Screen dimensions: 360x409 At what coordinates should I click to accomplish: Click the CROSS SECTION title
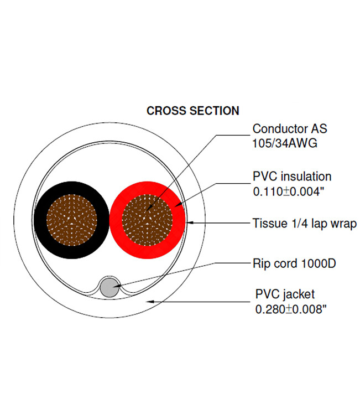coord(192,111)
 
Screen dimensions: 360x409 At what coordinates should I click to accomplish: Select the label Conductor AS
coord(290,129)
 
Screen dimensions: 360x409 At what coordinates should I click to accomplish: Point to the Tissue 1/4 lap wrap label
coord(304,224)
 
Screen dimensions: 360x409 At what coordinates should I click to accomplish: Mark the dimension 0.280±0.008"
coord(291,309)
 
